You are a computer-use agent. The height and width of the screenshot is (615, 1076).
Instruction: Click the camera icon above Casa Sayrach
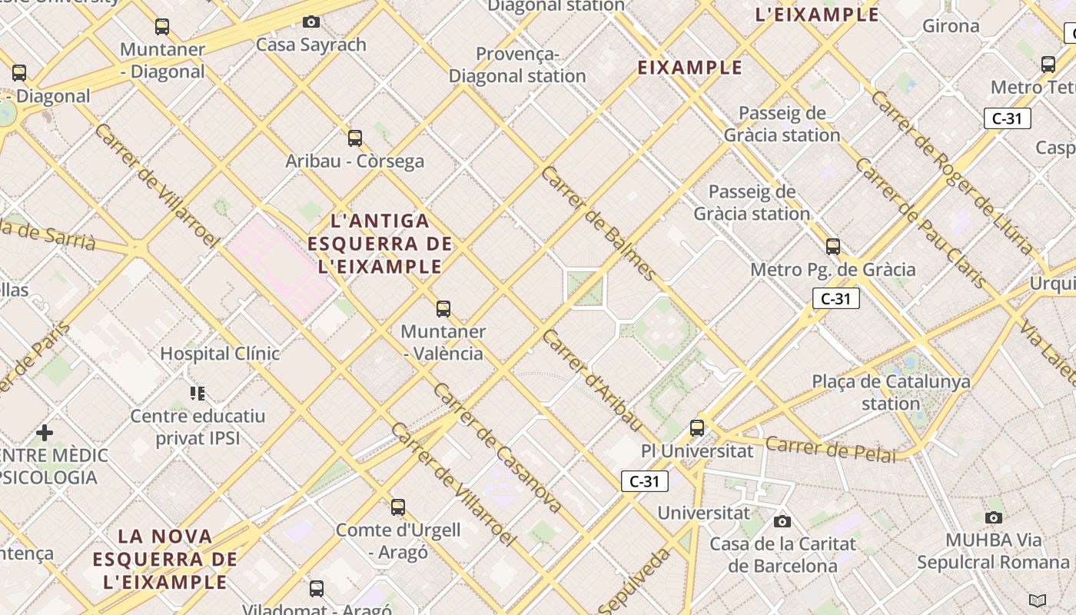(x=311, y=22)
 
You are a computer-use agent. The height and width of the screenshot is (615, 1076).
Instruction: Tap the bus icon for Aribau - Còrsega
(x=355, y=138)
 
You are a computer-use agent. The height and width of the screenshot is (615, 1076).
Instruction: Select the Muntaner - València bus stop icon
(x=443, y=309)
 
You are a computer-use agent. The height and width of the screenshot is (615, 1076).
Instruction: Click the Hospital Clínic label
(x=220, y=354)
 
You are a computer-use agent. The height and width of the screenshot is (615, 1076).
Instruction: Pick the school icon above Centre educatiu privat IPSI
(x=198, y=394)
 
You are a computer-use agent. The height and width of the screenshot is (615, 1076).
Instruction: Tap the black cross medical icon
(x=45, y=433)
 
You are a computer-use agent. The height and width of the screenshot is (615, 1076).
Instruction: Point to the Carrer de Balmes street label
(x=599, y=223)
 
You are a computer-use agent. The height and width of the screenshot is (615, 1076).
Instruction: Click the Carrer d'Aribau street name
(x=592, y=380)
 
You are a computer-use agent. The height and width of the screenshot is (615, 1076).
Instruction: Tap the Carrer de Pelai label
(x=831, y=450)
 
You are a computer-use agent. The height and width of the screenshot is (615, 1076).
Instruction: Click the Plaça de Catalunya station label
(x=891, y=392)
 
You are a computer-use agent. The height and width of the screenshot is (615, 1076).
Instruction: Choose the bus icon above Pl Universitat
(x=697, y=428)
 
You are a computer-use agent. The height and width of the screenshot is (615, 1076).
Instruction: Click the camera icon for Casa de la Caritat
(x=782, y=522)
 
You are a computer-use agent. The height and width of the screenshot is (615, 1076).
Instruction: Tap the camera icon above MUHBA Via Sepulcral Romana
(x=994, y=517)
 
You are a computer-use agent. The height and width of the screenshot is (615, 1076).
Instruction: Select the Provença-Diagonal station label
(x=517, y=65)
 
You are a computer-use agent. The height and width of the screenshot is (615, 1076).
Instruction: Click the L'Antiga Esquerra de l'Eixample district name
(x=380, y=244)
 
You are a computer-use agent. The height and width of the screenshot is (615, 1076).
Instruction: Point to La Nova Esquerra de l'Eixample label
(x=165, y=559)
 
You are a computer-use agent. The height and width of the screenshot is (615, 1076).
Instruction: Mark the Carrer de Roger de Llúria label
(x=952, y=173)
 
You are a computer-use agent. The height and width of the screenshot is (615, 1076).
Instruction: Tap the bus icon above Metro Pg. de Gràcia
(x=833, y=247)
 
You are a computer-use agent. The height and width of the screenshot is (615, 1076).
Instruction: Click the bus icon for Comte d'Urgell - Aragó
(x=398, y=507)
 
